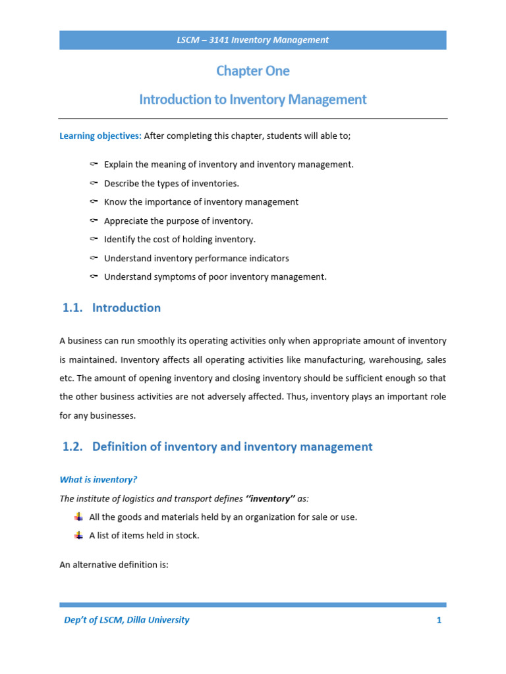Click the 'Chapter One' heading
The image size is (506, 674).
(253, 70)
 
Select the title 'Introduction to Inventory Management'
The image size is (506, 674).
(253, 99)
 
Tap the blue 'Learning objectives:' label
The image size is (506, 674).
(100, 136)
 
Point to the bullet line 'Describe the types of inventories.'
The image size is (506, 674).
(171, 184)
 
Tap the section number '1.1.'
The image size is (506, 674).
(74, 307)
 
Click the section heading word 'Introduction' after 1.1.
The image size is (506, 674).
(126, 307)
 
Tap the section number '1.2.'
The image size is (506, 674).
(74, 446)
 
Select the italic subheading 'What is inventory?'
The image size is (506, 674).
(98, 480)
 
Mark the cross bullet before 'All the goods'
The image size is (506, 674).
(78, 517)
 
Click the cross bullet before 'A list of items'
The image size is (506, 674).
(78, 535)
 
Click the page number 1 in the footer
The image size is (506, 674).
(438, 619)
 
